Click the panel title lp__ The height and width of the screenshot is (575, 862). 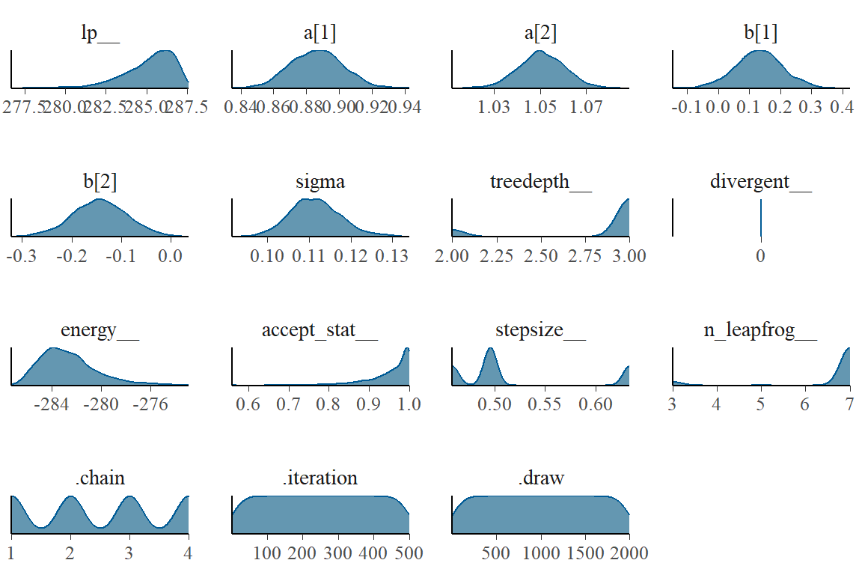(100, 35)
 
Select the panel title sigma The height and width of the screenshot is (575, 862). (320, 183)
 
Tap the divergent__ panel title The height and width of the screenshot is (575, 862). (760, 183)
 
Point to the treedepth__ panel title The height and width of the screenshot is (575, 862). (540, 183)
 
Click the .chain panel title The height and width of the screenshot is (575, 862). (100, 478)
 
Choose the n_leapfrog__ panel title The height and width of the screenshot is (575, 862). (760, 331)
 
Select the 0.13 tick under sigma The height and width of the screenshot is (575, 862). (392, 256)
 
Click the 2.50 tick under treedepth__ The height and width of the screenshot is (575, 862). (540, 256)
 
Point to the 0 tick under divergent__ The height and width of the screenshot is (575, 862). (760, 256)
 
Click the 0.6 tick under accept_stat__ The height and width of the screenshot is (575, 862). (248, 404)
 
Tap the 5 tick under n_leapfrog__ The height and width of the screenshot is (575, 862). (761, 404)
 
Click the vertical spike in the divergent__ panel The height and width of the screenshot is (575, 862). (761, 217)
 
